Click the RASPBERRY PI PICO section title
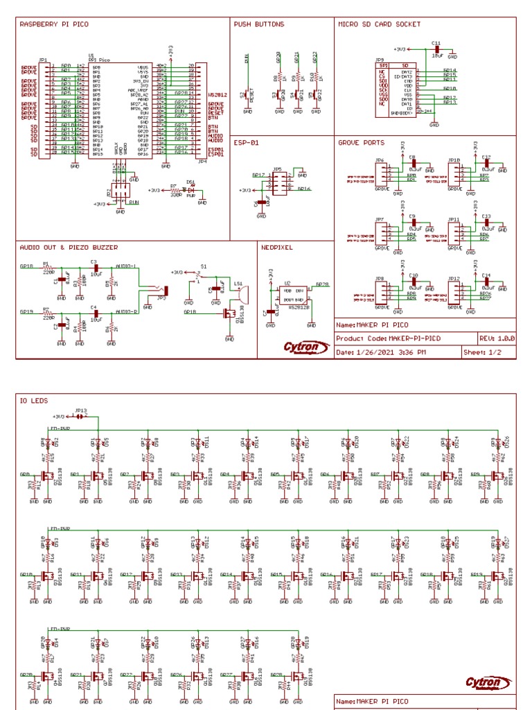pos(53,24)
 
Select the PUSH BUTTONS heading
pos(259,24)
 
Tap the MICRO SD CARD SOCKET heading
pos(379,24)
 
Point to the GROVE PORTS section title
pos(360,142)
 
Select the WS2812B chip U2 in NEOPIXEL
pos(294,294)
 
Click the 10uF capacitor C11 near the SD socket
pos(436,51)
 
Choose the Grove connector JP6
pos(380,173)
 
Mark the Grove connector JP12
pos(454,291)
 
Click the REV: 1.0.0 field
pos(497,338)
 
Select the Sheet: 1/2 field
pos(483,352)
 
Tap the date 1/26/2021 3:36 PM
pos(391,352)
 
